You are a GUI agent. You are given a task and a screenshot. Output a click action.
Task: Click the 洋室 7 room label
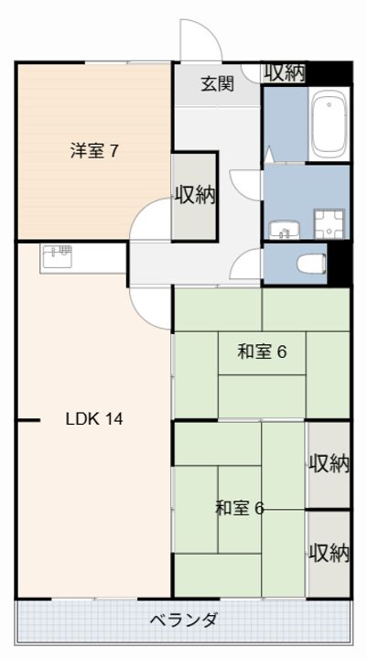[x=94, y=151]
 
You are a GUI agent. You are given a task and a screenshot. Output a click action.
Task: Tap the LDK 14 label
[x=94, y=418]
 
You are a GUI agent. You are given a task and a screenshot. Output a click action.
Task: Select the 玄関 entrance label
[x=217, y=84]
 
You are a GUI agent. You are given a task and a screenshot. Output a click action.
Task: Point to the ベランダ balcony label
[x=184, y=620]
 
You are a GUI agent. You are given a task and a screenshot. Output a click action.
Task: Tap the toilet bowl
[x=311, y=265]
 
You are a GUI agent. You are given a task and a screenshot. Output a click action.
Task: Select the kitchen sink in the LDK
[x=57, y=257]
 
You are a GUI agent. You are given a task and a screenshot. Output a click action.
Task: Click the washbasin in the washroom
[x=285, y=230]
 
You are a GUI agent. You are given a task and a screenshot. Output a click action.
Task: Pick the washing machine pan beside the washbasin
[x=329, y=224]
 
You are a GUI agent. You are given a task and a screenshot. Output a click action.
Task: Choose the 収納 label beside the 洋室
[x=195, y=196]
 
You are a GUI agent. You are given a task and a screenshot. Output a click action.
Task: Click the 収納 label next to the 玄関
[x=285, y=73]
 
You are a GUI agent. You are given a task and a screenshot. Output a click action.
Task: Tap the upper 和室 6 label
[x=262, y=351]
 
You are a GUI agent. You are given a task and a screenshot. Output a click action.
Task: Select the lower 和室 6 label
[x=240, y=508]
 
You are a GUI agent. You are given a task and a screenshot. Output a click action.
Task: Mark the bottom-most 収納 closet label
[x=329, y=553]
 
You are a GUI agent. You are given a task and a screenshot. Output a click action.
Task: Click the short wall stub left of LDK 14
[x=28, y=420]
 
